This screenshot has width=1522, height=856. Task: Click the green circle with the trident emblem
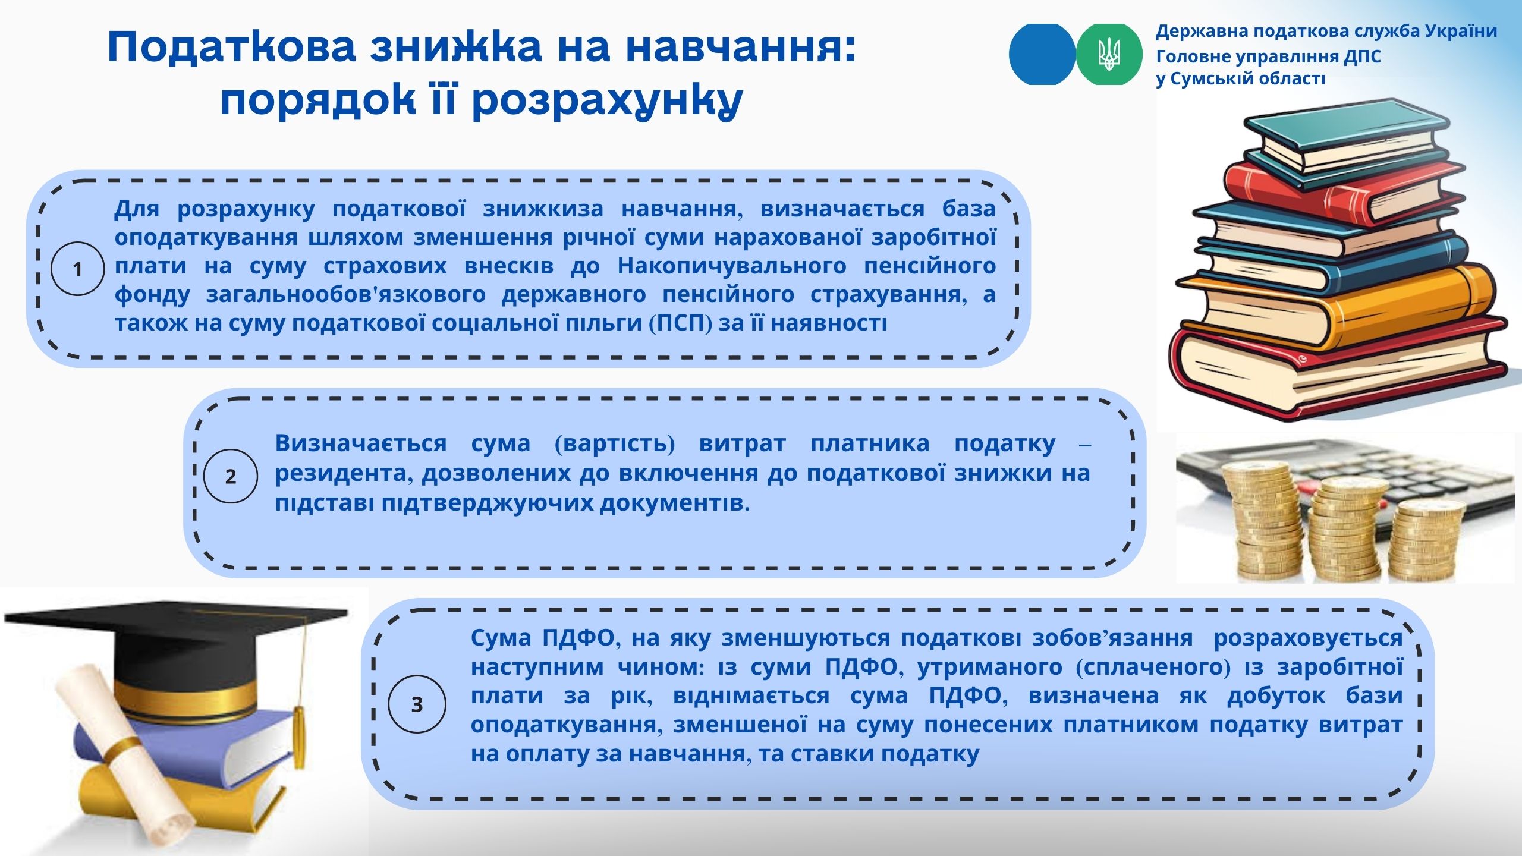click(x=1109, y=54)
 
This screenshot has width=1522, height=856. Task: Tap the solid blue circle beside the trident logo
click(x=1042, y=54)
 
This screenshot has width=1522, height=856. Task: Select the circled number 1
click(x=78, y=269)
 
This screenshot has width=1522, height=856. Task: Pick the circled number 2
click(x=231, y=476)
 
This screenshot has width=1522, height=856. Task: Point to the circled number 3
click(x=417, y=704)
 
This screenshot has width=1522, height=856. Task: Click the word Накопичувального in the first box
click(x=732, y=266)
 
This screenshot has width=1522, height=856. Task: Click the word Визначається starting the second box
click(x=361, y=443)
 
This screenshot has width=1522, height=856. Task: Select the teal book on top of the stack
click(x=1347, y=143)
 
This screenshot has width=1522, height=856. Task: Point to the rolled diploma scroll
click(x=125, y=755)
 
